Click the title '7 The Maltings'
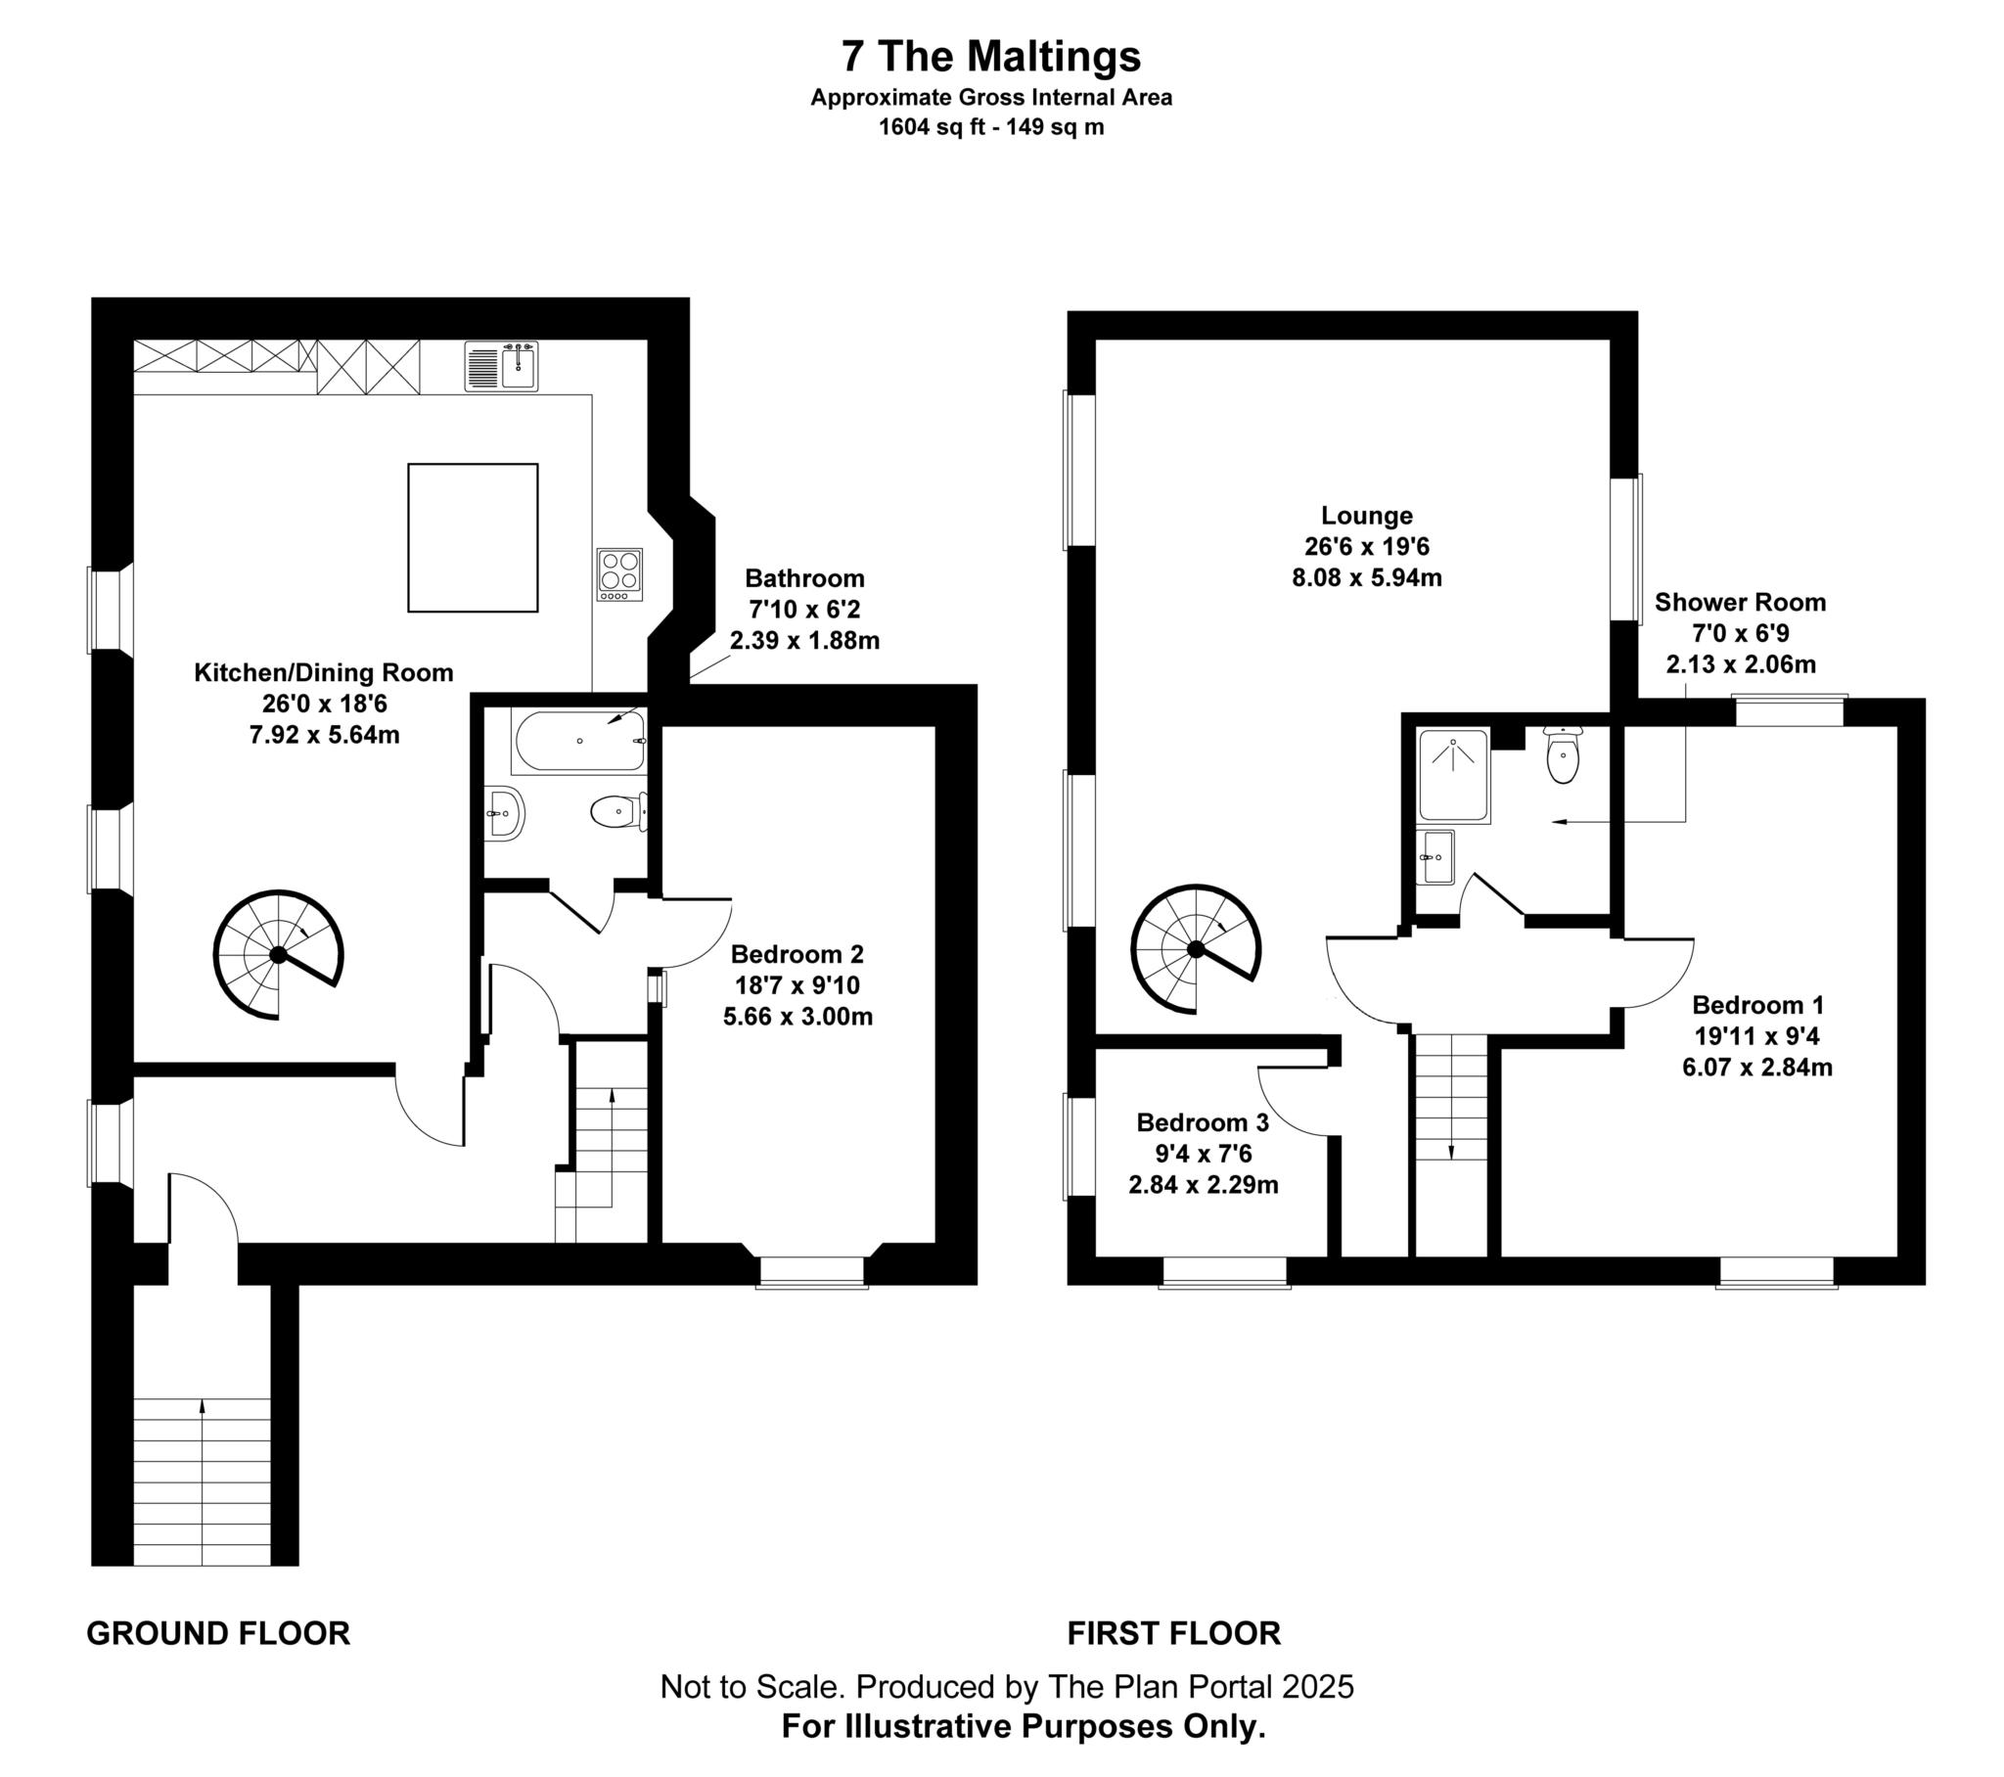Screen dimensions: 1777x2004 991,56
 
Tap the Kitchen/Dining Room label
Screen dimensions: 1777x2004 324,673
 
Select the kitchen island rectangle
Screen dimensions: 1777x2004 473,537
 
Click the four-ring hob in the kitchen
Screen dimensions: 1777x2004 619,573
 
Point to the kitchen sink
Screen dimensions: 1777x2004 501,366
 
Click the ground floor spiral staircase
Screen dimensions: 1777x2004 279,954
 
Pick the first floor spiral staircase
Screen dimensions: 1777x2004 1195,948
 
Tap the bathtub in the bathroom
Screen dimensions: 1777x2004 578,742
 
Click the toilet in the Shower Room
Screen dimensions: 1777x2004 1562,756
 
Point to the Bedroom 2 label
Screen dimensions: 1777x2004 797,954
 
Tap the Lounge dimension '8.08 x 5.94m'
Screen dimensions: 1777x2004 1367,577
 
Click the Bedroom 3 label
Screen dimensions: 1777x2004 1202,1122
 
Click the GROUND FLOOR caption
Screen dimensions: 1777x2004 217,1633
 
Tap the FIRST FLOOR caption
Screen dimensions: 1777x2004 1173,1633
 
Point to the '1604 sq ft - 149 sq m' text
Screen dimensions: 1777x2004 991,126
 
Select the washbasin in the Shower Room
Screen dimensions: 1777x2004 1438,856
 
